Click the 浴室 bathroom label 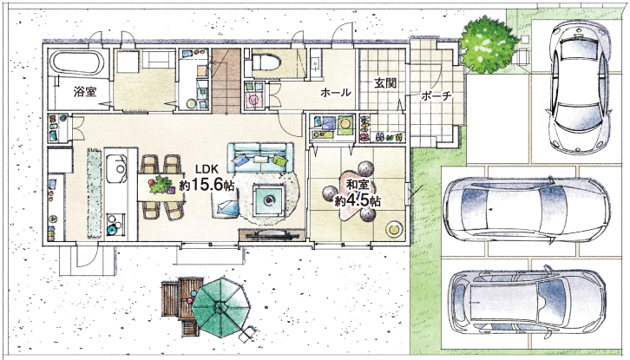click(x=85, y=92)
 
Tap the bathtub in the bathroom click(x=77, y=62)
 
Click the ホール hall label click(x=336, y=93)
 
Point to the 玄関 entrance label click(x=385, y=83)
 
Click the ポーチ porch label click(x=436, y=95)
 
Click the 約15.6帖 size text click(x=207, y=185)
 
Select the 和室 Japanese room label click(x=358, y=186)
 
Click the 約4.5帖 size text click(x=358, y=200)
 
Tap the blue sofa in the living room click(x=260, y=158)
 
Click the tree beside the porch click(x=489, y=44)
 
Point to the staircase click(x=226, y=81)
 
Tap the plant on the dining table click(x=161, y=185)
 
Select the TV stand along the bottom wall click(x=272, y=234)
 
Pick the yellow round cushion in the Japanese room click(x=394, y=229)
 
